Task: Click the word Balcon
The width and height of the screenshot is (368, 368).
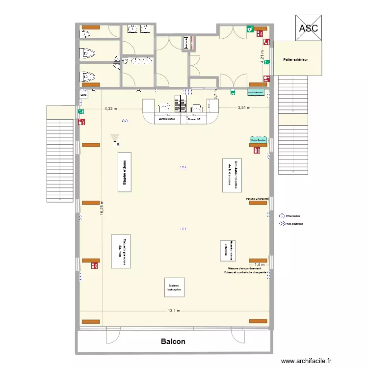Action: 173,342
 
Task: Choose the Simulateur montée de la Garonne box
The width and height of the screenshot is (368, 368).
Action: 232,175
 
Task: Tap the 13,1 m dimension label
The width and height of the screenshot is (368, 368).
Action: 174,311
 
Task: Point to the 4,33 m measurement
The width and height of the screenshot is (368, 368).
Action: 110,108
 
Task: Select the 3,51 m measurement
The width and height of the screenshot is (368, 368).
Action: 244,108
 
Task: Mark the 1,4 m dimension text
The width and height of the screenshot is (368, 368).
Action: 260,265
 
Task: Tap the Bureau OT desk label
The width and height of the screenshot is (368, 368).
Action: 194,119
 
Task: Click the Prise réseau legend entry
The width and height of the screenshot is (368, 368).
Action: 292,215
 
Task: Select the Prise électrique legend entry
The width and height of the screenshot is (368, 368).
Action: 294,224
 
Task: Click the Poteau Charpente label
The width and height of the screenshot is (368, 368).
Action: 257,199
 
